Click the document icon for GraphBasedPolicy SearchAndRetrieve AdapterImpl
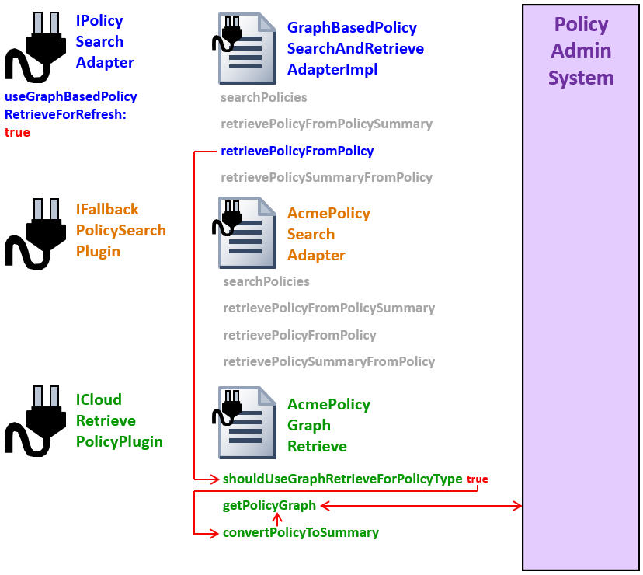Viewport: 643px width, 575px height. [245, 48]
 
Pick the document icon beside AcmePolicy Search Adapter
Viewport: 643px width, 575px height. [245, 232]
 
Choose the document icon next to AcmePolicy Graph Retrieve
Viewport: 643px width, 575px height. [245, 423]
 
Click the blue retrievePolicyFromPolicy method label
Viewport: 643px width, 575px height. [297, 151]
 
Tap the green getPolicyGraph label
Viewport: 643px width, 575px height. [269, 506]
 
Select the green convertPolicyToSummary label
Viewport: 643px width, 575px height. [301, 533]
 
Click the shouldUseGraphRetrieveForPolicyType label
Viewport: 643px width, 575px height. [342, 479]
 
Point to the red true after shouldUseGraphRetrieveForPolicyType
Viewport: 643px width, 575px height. [477, 479]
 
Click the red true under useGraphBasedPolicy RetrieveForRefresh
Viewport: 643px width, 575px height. [17, 133]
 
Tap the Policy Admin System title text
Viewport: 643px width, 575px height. [581, 51]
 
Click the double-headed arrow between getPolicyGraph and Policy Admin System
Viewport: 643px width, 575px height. [420, 506]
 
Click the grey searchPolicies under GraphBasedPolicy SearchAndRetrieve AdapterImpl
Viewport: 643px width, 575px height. [263, 97]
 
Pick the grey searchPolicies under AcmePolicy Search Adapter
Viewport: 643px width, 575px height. [266, 281]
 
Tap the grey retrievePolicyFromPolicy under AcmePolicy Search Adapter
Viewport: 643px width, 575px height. [299, 335]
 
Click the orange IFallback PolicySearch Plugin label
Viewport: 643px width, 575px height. [120, 230]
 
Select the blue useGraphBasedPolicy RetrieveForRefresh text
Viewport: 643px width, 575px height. [70, 105]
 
